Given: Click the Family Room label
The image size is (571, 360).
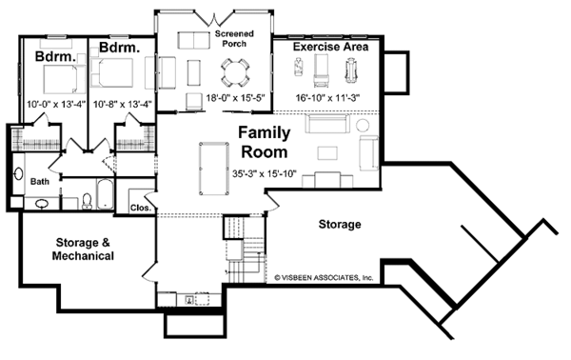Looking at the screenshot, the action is tap(265, 142).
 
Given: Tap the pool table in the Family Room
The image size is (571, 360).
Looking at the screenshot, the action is tap(214, 169).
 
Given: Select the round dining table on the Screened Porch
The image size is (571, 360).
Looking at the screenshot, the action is tap(235, 73).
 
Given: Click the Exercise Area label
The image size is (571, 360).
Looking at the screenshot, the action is tap(330, 47).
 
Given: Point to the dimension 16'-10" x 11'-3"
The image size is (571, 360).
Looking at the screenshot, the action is tap(327, 98).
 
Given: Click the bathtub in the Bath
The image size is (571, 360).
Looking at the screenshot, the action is tap(106, 194).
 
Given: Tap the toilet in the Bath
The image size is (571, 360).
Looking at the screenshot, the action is tap(87, 201).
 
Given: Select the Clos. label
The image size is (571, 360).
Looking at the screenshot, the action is tap(141, 208).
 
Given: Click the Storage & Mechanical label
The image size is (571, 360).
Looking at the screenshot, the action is tap(83, 250).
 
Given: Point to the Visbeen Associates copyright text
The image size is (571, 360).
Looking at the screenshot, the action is tap(324, 278).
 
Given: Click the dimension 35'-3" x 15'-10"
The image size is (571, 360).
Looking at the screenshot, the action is tap(265, 173).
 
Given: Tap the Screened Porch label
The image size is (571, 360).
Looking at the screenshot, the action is tap(234, 39).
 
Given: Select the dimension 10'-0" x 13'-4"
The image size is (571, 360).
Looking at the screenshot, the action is tap(56, 104).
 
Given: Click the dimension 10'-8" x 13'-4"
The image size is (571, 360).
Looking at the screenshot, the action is tap(123, 104).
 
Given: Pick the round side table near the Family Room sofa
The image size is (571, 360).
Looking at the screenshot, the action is tap(363, 126).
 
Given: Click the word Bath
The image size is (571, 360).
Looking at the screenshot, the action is tap(40, 181).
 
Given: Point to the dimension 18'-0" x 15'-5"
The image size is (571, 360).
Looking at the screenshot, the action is tap(235, 98).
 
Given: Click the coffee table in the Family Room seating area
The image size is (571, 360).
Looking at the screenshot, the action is tap(327, 153).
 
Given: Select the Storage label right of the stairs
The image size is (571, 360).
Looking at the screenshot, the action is tap(340, 224).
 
